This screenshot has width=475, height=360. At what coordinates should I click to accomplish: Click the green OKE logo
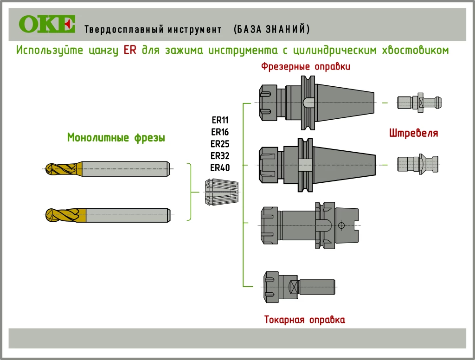coord(47,24)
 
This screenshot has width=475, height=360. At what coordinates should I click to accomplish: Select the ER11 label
coord(220,120)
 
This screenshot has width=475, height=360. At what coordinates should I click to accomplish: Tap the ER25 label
coord(220,144)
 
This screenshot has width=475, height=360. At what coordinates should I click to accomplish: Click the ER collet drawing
coord(221,192)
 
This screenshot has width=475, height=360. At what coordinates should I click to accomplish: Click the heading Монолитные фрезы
coord(116,138)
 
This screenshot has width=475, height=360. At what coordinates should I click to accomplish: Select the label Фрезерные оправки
coord(305,67)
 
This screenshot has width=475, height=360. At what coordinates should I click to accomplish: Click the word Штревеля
coord(413,134)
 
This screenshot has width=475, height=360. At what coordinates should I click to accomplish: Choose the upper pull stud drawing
coord(419,102)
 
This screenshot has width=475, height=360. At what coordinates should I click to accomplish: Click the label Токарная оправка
coord(304,320)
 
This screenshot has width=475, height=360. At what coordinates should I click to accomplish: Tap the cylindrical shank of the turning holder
coord(318,287)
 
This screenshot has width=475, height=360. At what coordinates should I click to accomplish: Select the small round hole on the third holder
coord(341,225)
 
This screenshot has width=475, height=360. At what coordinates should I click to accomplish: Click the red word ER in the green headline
coord(130,50)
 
